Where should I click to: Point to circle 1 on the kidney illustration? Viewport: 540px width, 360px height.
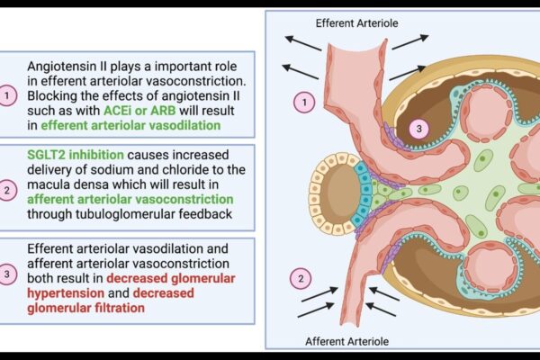pos(305,103)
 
